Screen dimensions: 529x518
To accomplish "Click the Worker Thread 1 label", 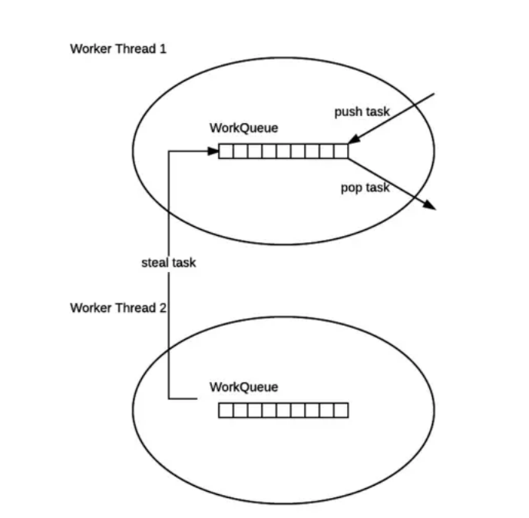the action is [x=118, y=48].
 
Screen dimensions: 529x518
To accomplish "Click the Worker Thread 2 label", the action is [x=118, y=307].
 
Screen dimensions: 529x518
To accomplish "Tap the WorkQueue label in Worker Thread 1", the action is [x=244, y=128].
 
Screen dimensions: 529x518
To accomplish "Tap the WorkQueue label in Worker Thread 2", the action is [x=244, y=387].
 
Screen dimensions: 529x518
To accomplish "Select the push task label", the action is [x=362, y=111].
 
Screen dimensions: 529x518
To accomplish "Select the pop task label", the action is [x=365, y=188].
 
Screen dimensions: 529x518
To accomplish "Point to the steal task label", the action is [x=169, y=262].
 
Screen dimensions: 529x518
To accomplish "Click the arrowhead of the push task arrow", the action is [x=353, y=139].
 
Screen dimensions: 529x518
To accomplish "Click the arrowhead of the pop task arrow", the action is [x=430, y=205].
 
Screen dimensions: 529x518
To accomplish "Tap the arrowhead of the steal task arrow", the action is [x=213, y=151].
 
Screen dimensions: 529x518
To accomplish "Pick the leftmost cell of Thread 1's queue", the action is [x=226, y=151].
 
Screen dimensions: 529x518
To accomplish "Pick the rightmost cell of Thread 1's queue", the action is [x=341, y=151].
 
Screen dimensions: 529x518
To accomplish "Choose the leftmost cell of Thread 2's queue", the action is [x=226, y=410].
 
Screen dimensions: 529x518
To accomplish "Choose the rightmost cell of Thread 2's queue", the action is [x=341, y=410].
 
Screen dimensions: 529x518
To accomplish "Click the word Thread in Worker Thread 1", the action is [x=135, y=48].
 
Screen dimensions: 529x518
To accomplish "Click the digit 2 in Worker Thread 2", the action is [x=163, y=307].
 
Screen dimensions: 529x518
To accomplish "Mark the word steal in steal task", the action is [x=156, y=262].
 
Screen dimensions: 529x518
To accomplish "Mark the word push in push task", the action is [x=347, y=112].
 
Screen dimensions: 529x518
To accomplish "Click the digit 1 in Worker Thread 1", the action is [x=164, y=48].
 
